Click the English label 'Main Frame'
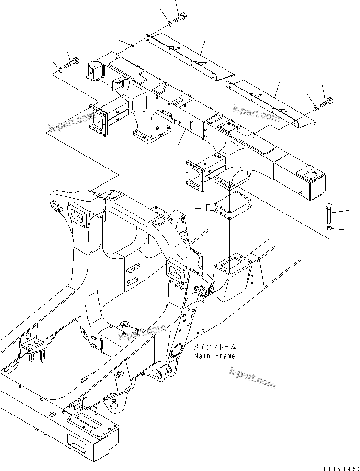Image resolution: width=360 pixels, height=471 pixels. [x=214, y=356]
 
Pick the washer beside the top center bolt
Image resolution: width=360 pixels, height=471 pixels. [x=170, y=23]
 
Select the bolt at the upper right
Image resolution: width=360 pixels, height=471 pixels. [x=327, y=101]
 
